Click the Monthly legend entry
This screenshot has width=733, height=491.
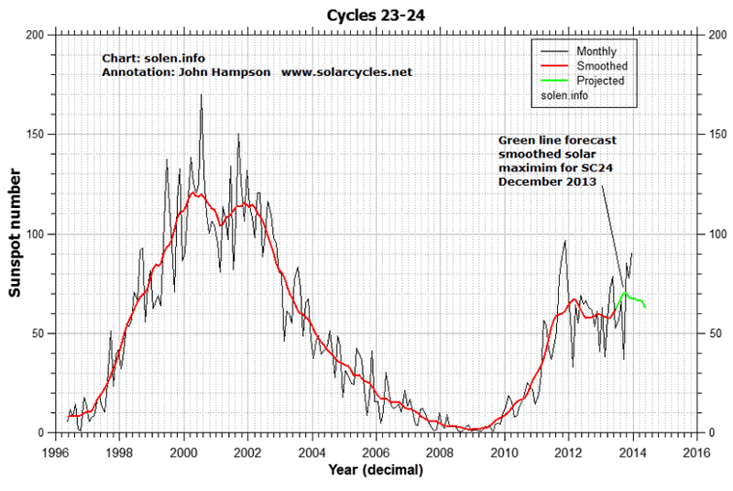coord(596,50)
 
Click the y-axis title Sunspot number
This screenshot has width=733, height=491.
coord(16,234)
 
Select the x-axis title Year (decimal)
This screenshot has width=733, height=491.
coord(376,471)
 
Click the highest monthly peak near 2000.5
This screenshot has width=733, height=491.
coord(201,96)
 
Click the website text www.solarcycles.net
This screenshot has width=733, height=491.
coord(346,71)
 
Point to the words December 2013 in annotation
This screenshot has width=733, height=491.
coord(547,182)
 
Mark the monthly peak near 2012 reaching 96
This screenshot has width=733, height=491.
coord(564,242)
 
